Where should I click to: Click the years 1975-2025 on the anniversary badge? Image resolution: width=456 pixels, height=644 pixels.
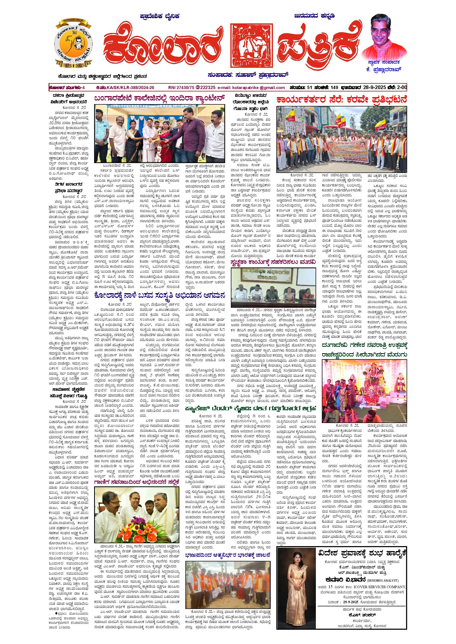click(x=73, y=65)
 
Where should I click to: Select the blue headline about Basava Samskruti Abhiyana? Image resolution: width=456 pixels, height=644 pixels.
click(x=160, y=295)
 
